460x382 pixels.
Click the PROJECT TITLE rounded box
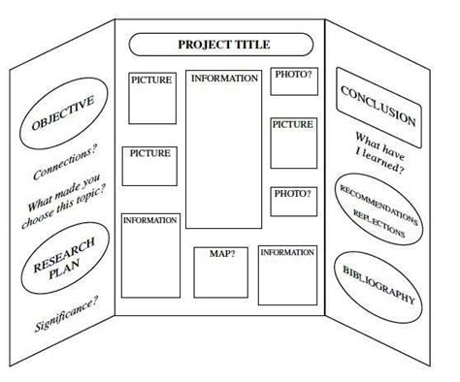coord(222,44)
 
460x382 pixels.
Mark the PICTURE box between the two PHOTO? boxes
coord(292,143)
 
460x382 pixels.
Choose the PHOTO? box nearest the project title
coord(294,81)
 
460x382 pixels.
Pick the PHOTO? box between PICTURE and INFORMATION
coord(292,202)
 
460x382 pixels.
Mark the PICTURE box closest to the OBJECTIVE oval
coord(152,98)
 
